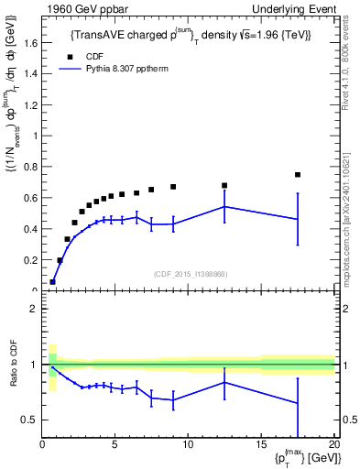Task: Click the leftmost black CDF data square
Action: [52, 282]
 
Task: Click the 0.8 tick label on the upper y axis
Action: [30, 167]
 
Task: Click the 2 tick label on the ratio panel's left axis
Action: [34, 309]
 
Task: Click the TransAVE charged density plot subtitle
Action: [191, 35]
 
